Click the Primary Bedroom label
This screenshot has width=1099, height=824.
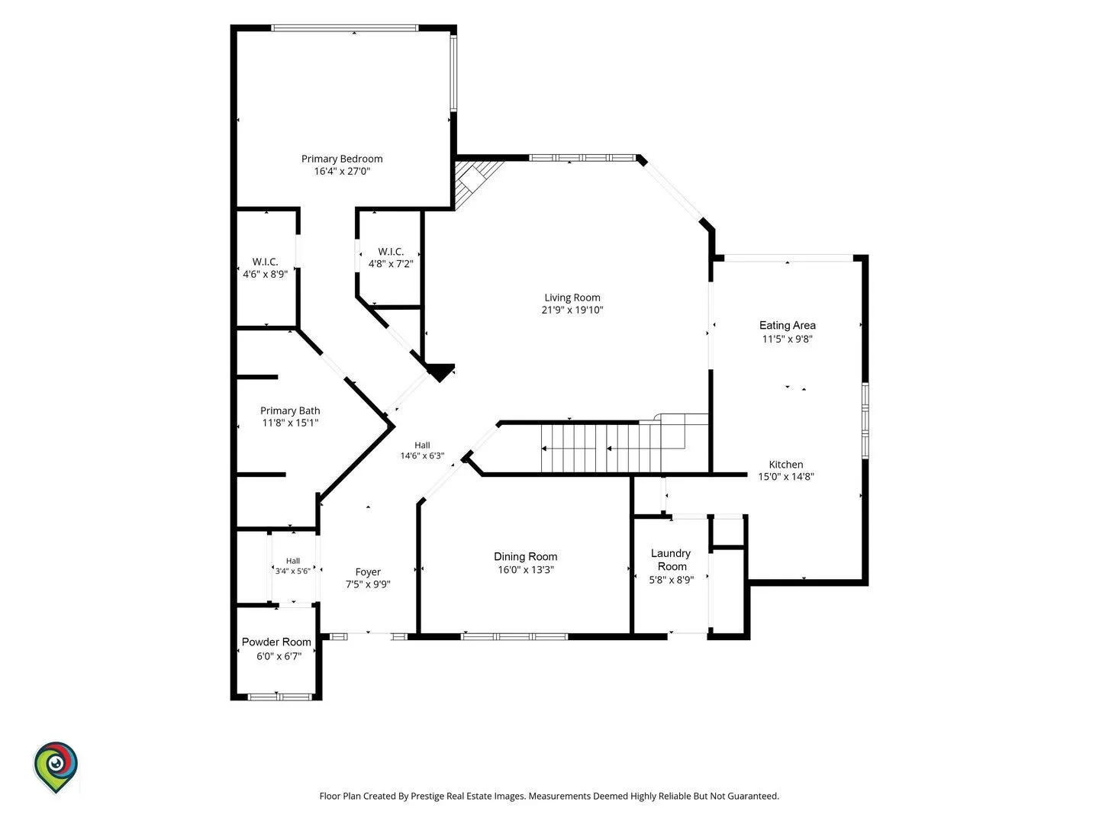(341, 159)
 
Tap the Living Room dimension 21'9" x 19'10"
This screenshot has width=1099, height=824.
(572, 310)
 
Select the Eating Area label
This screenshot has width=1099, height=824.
(787, 325)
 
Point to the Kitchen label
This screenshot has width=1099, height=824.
(785, 465)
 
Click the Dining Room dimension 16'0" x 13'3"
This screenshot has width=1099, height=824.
(525, 569)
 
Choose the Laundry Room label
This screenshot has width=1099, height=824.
(671, 560)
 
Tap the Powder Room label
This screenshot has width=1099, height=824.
(276, 642)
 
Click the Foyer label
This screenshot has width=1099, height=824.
(368, 572)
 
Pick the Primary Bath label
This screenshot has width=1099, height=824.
(290, 410)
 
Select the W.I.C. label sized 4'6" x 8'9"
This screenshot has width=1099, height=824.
(265, 262)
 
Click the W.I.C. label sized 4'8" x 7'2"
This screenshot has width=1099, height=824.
(391, 252)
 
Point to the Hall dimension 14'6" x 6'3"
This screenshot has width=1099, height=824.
(422, 455)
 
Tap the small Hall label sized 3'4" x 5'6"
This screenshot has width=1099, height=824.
(293, 561)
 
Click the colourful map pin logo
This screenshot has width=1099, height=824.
(56, 768)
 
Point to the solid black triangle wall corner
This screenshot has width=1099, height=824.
(440, 372)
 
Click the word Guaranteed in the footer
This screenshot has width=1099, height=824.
(753, 796)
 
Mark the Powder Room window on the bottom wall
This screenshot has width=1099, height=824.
(280, 697)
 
